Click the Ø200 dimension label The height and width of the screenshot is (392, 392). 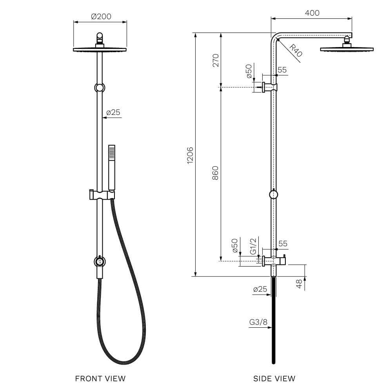click(x=101, y=16)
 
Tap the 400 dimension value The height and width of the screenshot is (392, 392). click(x=312, y=13)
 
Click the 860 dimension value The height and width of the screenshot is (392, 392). click(x=215, y=173)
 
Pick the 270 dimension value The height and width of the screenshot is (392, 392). click(x=215, y=60)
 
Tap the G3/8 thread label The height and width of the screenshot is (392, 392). click(x=258, y=323)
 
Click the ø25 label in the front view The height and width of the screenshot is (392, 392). click(x=113, y=113)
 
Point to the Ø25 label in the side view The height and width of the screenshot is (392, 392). click(x=260, y=289)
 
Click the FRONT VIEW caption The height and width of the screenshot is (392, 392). click(x=100, y=378)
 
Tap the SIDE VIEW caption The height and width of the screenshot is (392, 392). click(x=274, y=378)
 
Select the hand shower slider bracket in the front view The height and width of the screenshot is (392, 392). click(x=100, y=194)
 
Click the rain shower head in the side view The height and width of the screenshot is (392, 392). click(x=347, y=49)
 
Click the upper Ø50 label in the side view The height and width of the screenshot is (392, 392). click(x=249, y=72)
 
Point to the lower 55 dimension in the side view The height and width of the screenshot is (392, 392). click(x=282, y=243)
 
